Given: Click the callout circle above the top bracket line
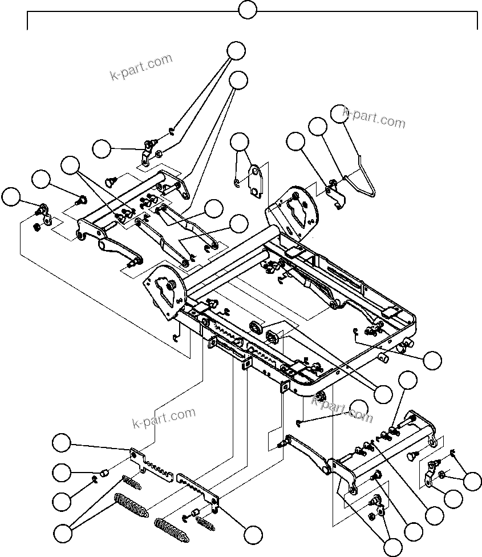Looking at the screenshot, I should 247,10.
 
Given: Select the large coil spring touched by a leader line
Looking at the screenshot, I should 131,504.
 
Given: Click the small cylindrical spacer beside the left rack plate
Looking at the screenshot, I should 104,472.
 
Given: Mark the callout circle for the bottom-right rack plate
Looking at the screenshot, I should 252,534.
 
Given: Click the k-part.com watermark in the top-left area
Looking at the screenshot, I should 141,67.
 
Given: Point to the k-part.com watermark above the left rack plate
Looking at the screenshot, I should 164,418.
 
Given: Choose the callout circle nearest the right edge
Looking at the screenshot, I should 473,481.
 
